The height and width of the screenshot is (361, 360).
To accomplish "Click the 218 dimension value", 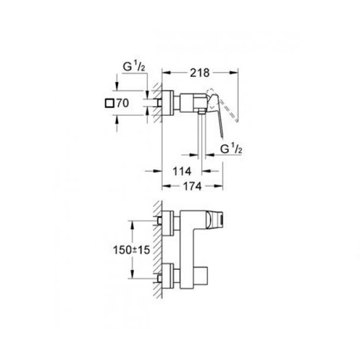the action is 200,73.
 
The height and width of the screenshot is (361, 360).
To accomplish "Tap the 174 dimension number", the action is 193,186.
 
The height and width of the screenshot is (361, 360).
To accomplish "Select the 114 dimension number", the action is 182,172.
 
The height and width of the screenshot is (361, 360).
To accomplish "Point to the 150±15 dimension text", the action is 131,250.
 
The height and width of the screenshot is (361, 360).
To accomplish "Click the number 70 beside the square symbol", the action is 122,103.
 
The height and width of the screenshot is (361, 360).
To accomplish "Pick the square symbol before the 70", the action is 109,103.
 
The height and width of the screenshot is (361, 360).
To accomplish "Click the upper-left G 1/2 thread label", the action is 134,67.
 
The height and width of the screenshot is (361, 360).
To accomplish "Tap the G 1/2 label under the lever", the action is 231,149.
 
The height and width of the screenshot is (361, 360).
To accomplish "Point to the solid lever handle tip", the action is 222,137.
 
